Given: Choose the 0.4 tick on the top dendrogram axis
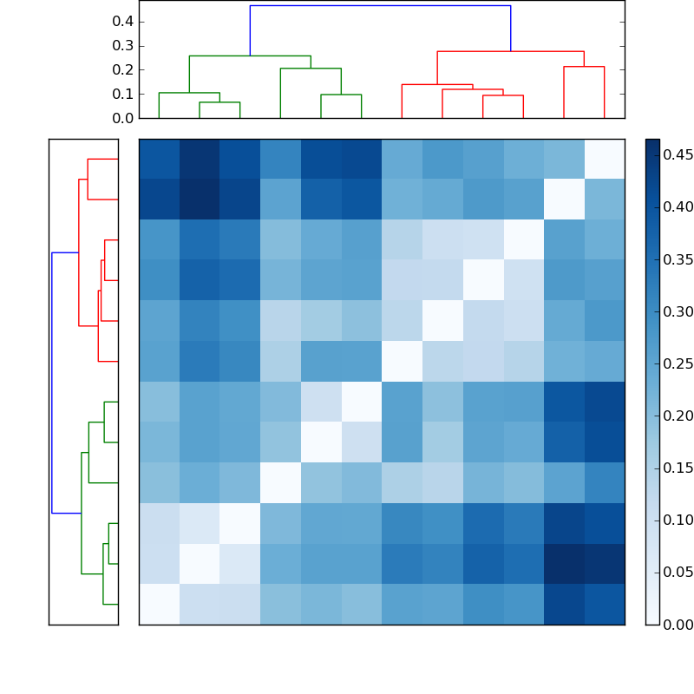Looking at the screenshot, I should coord(122,21).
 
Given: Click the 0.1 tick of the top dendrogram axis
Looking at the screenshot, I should coord(122,94).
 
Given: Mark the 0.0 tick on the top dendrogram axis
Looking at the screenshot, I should coord(122,118).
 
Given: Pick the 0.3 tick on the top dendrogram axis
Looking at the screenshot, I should coord(122,45).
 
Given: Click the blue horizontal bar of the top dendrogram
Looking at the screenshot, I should coord(380,6).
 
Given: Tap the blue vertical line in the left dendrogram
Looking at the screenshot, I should coord(52,382).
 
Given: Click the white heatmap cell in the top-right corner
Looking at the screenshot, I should coord(605,159).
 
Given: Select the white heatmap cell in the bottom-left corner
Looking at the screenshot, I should coord(159,604).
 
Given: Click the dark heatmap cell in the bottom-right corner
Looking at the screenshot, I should coord(605,604).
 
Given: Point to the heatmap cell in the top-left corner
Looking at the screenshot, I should coord(159,159).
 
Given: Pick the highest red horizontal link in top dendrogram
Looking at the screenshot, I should coord(510,52).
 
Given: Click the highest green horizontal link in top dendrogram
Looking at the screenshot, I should coord(250,56).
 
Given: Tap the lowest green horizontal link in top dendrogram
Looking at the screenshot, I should coord(219,102).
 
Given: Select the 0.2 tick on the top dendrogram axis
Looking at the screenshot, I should coord(122,69).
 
